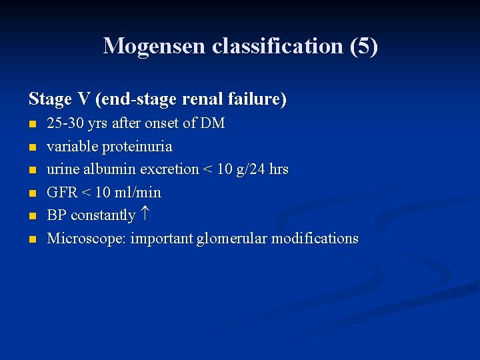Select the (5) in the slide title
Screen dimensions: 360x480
[366, 46]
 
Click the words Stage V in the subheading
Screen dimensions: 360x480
[59, 99]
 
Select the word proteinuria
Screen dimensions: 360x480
[137, 146]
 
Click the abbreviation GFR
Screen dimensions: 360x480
[62, 193]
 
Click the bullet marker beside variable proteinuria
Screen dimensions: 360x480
[32, 147]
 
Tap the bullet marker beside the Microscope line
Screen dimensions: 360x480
[32, 239]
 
